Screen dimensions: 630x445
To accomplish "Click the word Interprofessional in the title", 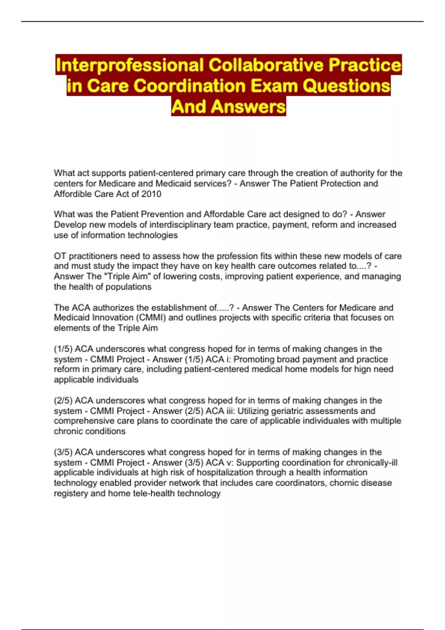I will point(129,65).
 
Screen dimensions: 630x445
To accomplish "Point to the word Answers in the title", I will point(248,107).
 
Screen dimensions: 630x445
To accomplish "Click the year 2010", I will point(151,194).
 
